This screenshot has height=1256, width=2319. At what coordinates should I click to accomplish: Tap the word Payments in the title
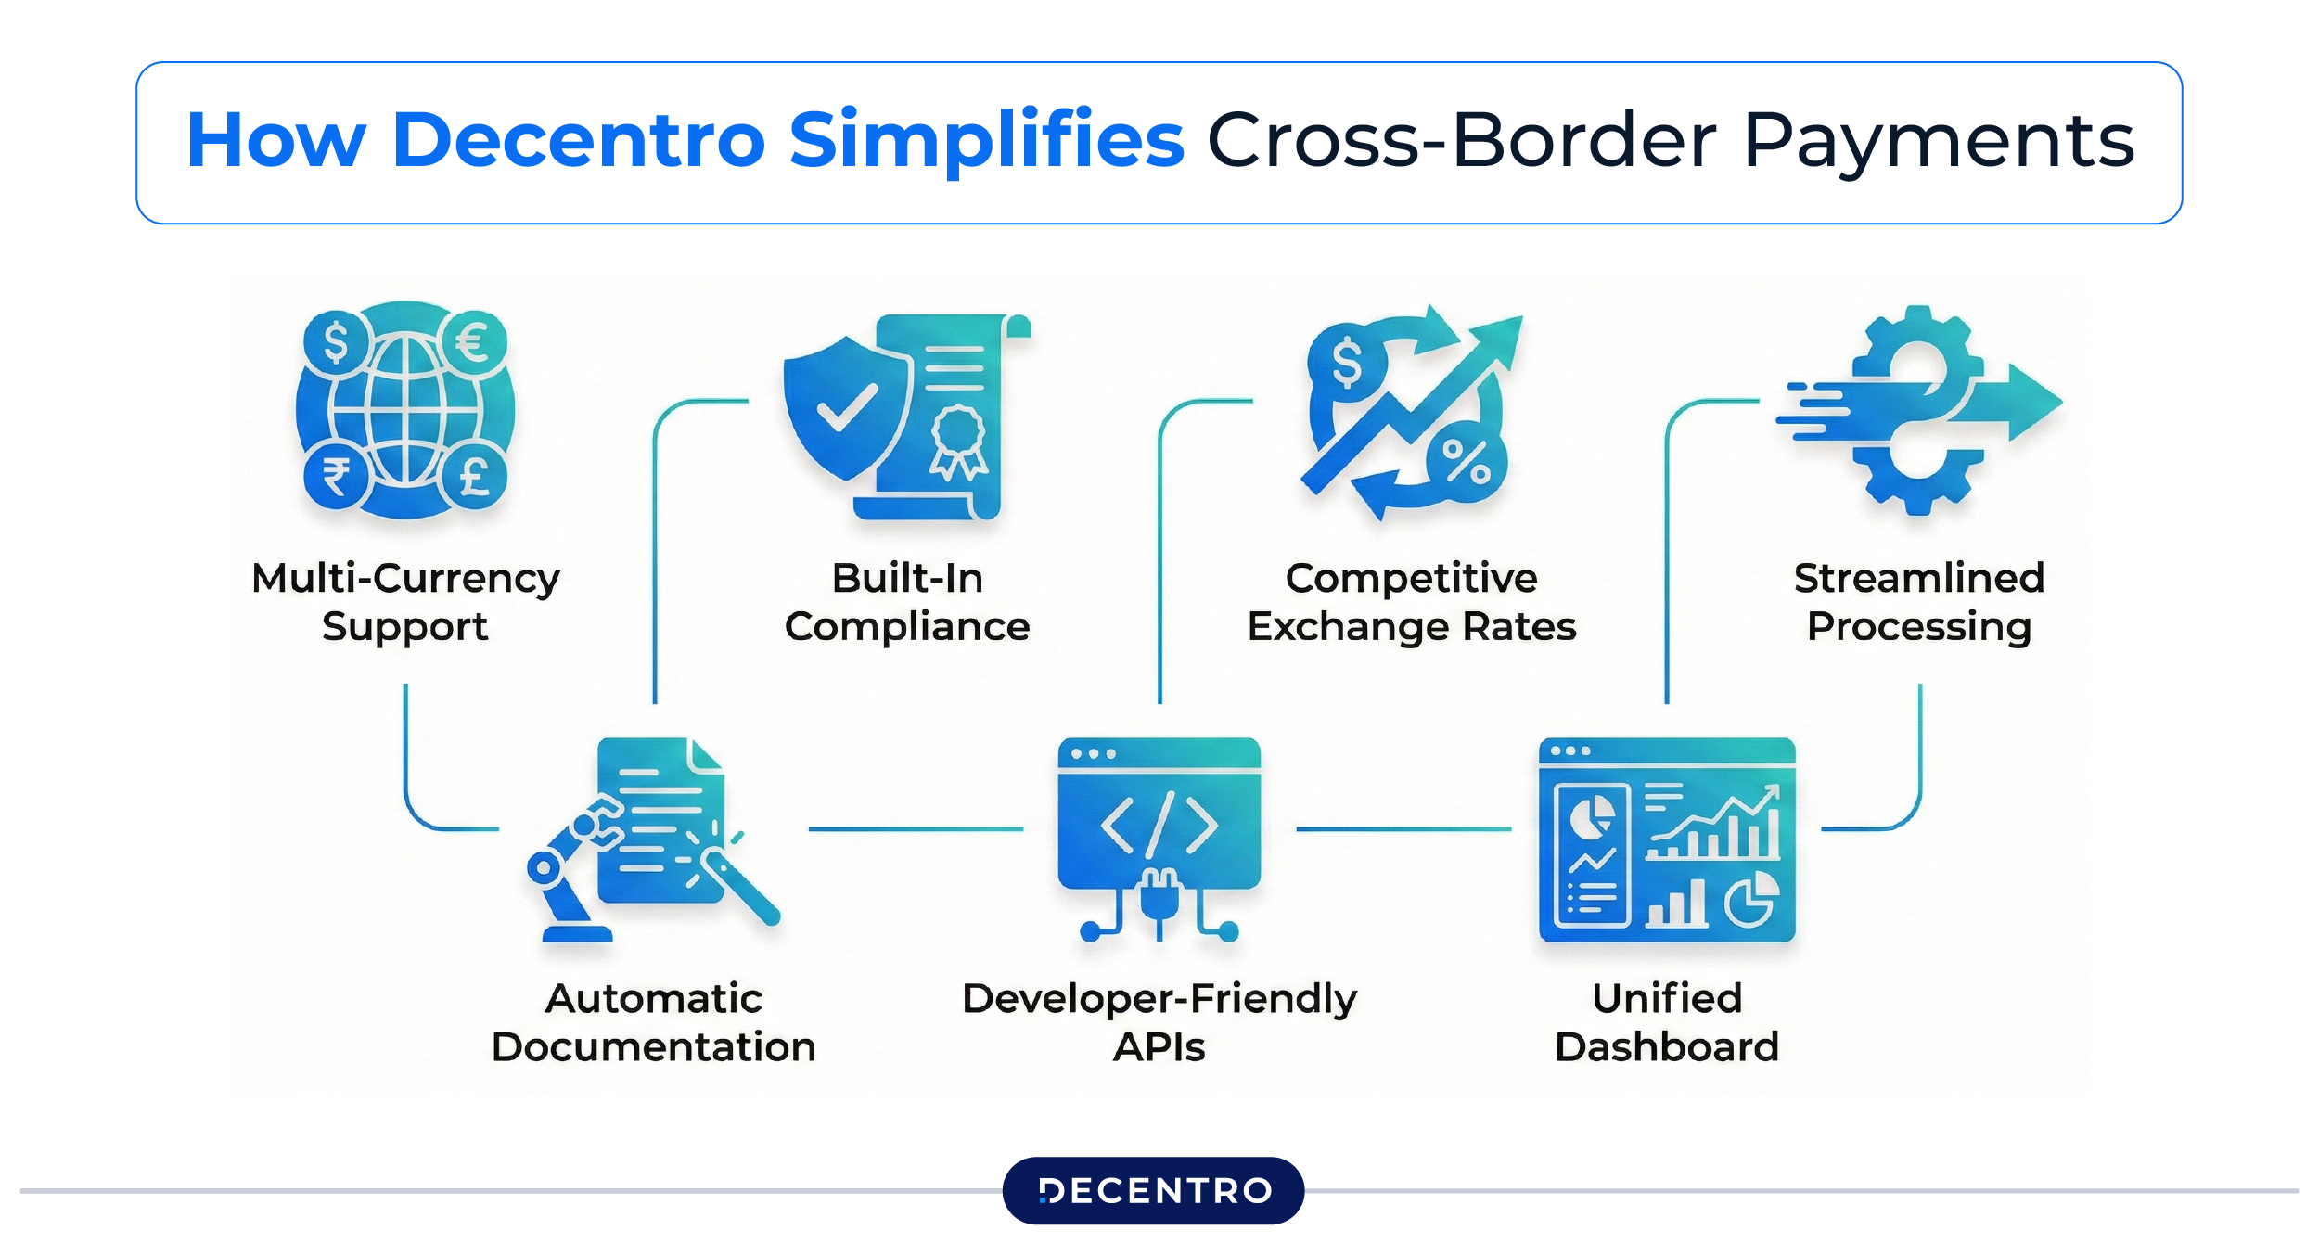[1938, 141]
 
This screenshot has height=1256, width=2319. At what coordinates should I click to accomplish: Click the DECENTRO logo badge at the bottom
[1153, 1190]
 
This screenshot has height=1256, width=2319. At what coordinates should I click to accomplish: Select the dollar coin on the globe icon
[336, 342]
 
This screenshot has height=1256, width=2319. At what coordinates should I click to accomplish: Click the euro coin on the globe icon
[473, 342]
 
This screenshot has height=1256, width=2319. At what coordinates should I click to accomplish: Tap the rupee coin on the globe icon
[336, 477]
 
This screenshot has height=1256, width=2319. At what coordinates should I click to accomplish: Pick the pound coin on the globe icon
[474, 477]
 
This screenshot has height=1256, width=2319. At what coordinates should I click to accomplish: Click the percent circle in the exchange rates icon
[1466, 461]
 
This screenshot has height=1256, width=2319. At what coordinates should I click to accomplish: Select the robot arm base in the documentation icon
[576, 932]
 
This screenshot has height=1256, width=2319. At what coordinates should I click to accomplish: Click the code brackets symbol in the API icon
[1159, 824]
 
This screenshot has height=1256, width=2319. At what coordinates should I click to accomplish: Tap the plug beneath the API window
[1159, 898]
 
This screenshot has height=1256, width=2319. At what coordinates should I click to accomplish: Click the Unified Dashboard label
[1667, 1022]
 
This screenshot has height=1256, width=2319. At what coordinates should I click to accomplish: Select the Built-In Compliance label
[906, 602]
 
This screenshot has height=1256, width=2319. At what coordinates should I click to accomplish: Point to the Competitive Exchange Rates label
[1411, 602]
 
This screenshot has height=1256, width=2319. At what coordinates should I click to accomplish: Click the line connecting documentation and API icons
[915, 828]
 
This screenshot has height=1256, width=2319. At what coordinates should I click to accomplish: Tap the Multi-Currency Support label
[405, 602]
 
